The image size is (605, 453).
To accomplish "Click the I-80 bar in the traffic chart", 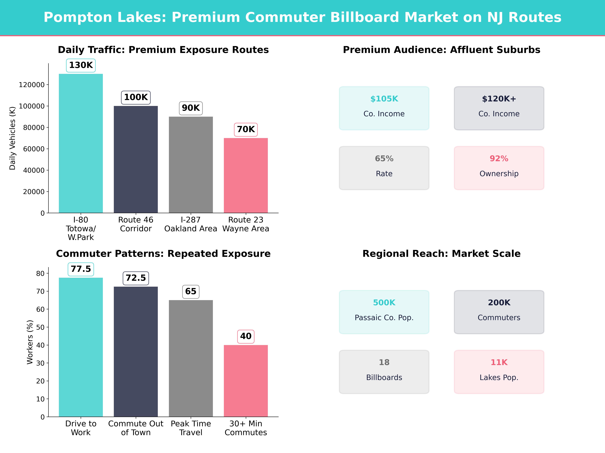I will coord(81,143).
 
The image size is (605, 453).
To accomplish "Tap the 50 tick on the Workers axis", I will coord(40,327).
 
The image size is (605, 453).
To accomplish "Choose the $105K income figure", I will coord(384,99).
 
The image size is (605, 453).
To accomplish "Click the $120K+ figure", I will coord(499,99).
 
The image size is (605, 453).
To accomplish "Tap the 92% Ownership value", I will coord(499,159).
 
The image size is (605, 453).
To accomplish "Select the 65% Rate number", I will coord(384,159).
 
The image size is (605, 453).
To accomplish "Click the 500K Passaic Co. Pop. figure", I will coord(384,303).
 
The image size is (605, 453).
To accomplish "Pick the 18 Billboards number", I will coord(384,362).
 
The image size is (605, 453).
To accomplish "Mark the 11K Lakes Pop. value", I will coord(499,362).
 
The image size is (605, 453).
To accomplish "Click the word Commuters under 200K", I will coord(499,318).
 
